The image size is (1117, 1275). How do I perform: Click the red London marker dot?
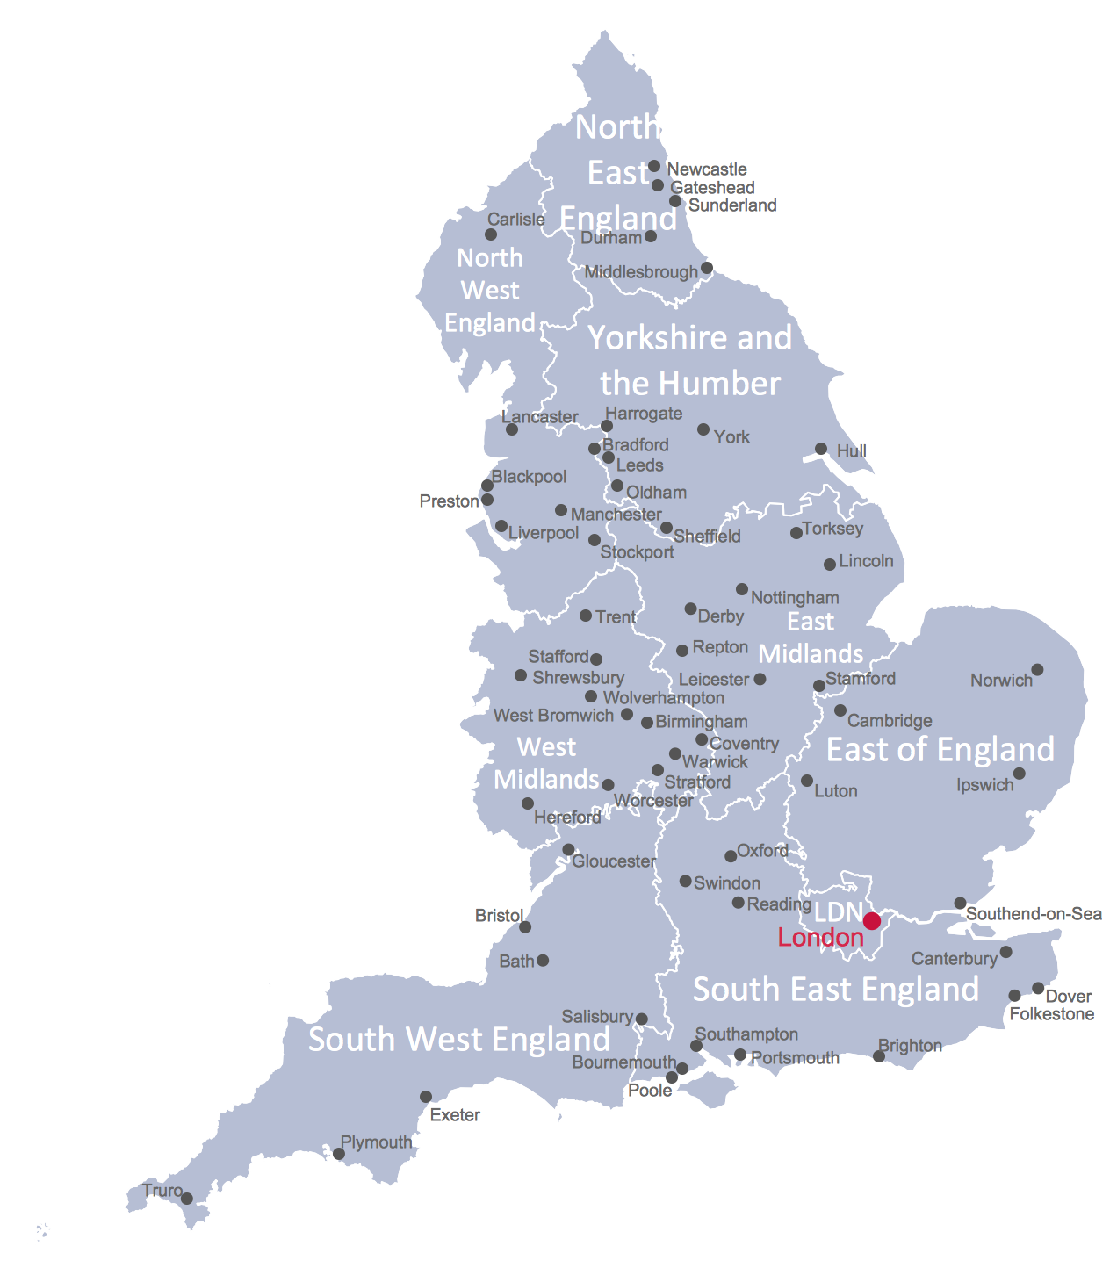[x=871, y=920]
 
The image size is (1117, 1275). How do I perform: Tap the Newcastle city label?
[x=707, y=169]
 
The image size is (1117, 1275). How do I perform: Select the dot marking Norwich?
[x=1037, y=670]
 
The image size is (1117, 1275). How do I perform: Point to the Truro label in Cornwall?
[x=162, y=1191]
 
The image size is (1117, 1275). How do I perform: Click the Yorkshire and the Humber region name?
[x=690, y=360]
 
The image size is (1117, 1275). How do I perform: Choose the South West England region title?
[x=459, y=1040]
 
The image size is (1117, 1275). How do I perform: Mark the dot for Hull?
[x=821, y=449]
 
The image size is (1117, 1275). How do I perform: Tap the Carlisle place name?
[x=516, y=220]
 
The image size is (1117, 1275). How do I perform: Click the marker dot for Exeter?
[x=426, y=1097]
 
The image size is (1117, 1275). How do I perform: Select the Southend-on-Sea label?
[x=1034, y=914]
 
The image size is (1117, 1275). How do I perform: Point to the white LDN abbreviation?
[x=838, y=911]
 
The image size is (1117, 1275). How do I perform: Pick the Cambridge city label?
[x=890, y=721]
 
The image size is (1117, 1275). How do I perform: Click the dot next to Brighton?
[x=879, y=1056]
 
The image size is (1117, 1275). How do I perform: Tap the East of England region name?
[x=940, y=750]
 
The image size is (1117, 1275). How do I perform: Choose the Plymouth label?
[x=376, y=1142]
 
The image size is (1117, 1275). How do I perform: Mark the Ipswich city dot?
[x=1019, y=774]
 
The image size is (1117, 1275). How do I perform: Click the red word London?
[x=820, y=938]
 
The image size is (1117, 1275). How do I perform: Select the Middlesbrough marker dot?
[x=707, y=268]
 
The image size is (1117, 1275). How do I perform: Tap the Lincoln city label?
[x=866, y=561]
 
